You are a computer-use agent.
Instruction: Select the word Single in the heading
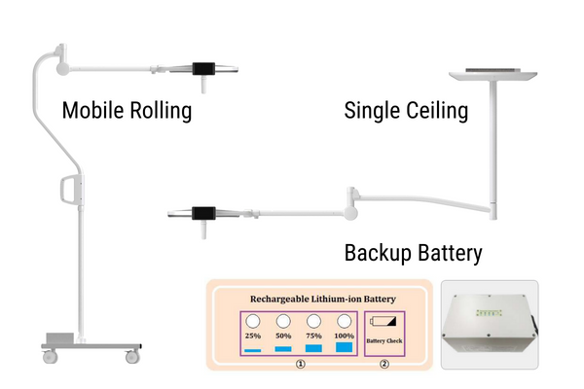373,111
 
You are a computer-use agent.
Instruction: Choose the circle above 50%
283,321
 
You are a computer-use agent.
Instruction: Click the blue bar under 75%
314,348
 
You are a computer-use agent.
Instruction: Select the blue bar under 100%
345,347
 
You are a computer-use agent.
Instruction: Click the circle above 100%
345,321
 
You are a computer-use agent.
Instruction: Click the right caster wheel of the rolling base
132,357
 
